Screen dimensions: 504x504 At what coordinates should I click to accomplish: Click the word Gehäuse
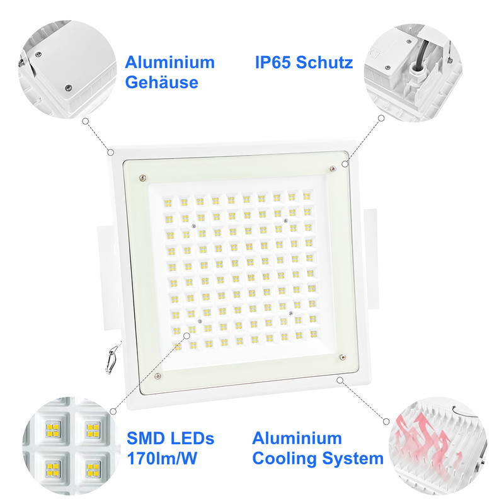pos(161,83)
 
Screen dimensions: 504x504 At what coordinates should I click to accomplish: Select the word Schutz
pos(324,62)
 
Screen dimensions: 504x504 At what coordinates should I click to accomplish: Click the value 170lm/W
pos(162,458)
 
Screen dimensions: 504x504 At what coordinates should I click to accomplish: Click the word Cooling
pos(285,458)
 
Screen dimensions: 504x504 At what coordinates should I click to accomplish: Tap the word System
pos(353,459)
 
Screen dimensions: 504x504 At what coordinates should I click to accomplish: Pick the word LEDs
pos(192,438)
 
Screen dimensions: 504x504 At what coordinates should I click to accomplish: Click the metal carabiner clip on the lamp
pos(112,360)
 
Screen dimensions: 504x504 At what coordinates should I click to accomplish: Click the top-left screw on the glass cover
pos(142,178)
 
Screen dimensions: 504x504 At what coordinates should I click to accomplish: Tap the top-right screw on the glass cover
pos(333,168)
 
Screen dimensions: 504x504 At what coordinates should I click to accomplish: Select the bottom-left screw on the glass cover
pos(157,375)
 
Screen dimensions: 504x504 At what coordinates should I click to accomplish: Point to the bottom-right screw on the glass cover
pos(343,357)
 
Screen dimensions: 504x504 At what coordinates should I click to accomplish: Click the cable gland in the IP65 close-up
pos(415,72)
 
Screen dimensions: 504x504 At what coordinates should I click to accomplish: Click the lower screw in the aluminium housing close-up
pos(68,88)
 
